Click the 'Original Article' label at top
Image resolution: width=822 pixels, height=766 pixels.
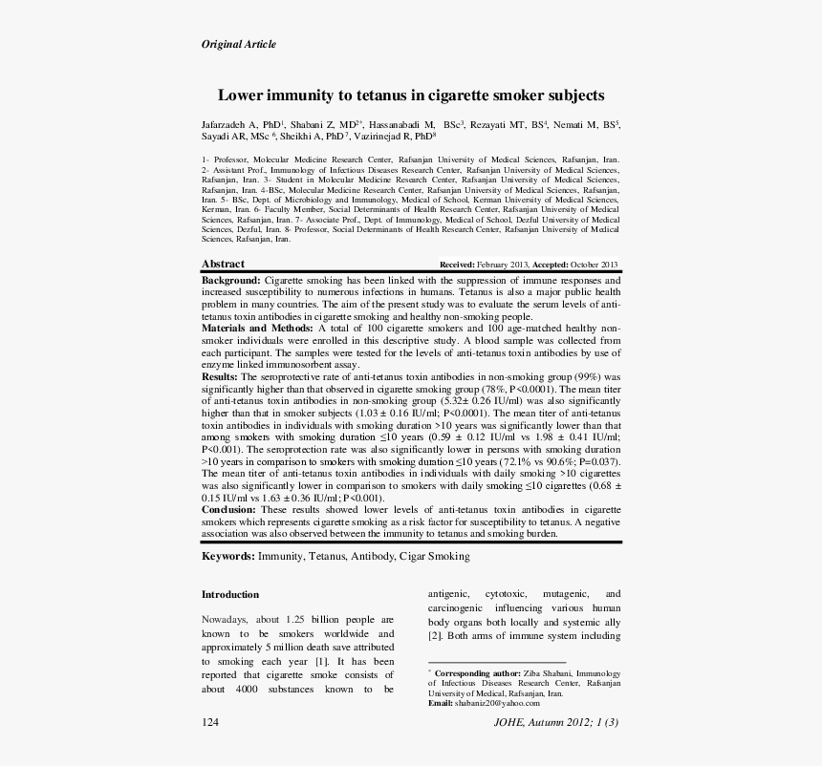click(238, 44)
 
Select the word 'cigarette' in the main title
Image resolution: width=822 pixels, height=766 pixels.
click(460, 96)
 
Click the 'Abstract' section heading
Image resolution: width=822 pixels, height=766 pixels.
click(223, 264)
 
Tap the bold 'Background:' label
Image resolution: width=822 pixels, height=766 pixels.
click(230, 280)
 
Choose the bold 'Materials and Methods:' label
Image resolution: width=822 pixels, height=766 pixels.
click(256, 329)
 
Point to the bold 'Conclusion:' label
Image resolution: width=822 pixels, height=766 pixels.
click(228, 510)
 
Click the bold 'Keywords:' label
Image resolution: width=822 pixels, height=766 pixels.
click(227, 556)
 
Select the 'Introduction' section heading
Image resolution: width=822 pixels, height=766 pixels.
click(229, 594)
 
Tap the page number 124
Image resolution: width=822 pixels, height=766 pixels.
click(210, 723)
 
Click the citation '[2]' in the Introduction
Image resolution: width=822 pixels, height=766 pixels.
click(434, 635)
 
